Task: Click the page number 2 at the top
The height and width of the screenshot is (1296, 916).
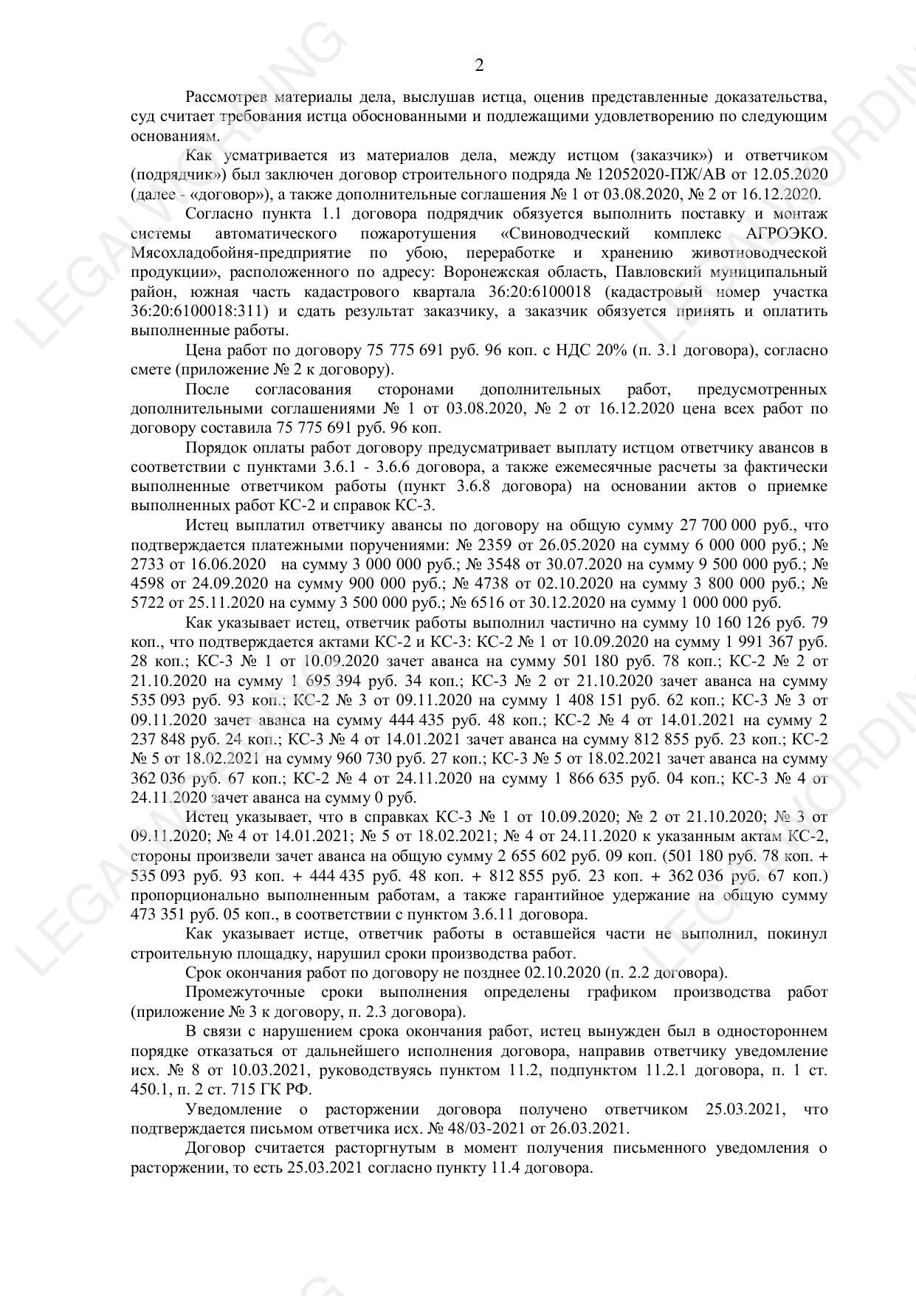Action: point(479,66)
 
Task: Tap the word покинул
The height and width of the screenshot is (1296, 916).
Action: point(797,934)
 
